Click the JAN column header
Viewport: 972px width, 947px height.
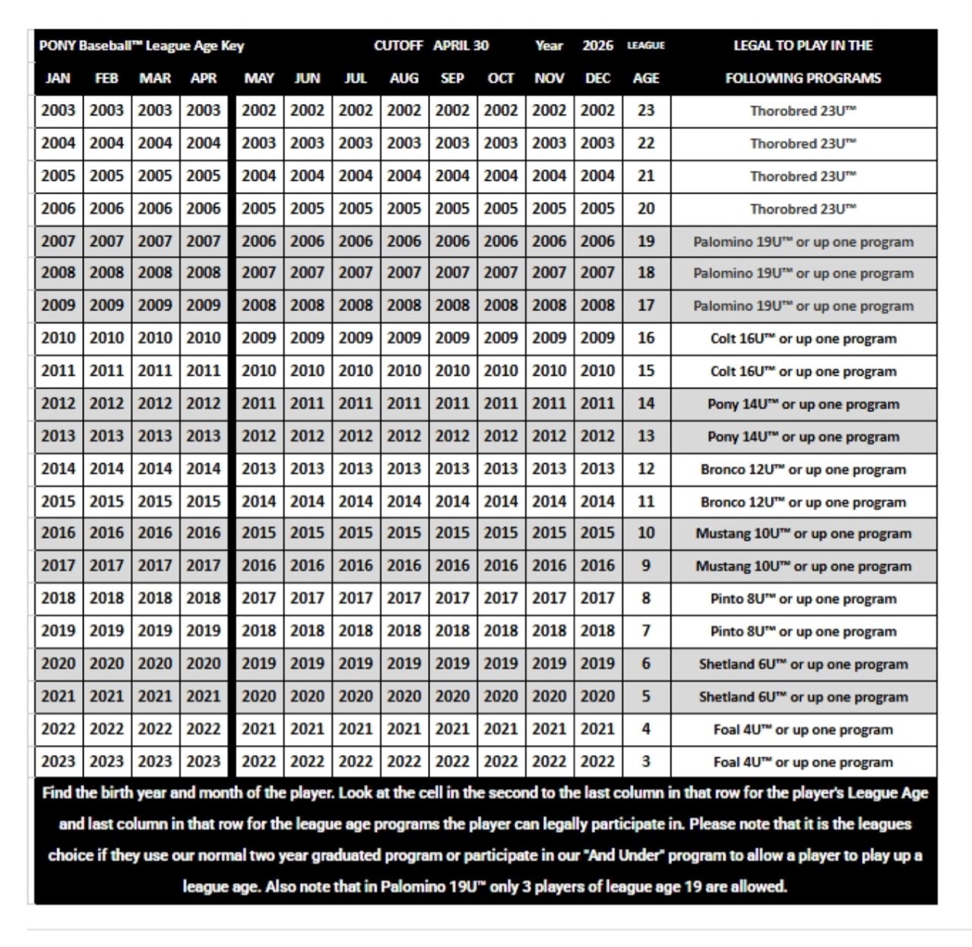[58, 78]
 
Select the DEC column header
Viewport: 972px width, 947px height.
[597, 78]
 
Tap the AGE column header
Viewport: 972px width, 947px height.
[646, 78]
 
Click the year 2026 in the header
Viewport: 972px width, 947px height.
[597, 46]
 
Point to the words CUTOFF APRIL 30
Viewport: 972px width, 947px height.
[431, 46]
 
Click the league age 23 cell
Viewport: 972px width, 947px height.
[646, 111]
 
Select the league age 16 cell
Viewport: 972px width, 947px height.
[646, 339]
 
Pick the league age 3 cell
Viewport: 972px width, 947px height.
[646, 762]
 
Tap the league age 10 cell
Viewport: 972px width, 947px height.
[646, 533]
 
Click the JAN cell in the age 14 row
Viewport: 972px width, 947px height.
[58, 404]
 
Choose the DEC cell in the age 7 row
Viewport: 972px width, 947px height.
[597, 631]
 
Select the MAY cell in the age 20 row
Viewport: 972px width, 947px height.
[258, 209]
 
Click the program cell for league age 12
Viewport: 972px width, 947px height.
[803, 469]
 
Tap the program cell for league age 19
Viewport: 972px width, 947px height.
[803, 242]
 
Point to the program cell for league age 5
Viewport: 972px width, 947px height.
[803, 696]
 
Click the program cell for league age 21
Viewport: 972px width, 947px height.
[803, 176]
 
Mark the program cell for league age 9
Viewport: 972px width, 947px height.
[803, 566]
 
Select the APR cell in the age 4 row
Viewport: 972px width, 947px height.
[204, 729]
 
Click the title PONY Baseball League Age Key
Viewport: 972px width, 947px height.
[141, 46]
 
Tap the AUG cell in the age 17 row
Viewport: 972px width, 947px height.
[404, 306]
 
